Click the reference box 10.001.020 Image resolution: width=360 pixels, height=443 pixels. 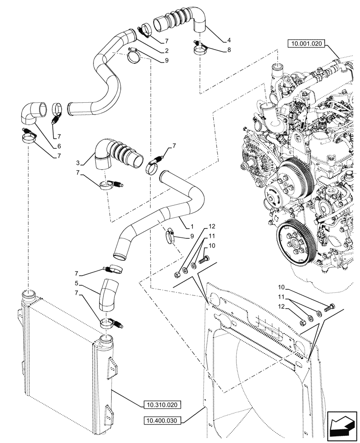pyautogui.click(x=306, y=43)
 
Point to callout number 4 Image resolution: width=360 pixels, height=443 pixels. pyautogui.click(x=228, y=39)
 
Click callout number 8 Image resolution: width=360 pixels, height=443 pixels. pyautogui.click(x=228, y=50)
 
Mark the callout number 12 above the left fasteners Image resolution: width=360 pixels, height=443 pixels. pyautogui.click(x=212, y=226)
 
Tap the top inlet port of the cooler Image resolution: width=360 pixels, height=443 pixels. pyautogui.click(x=29, y=292)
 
